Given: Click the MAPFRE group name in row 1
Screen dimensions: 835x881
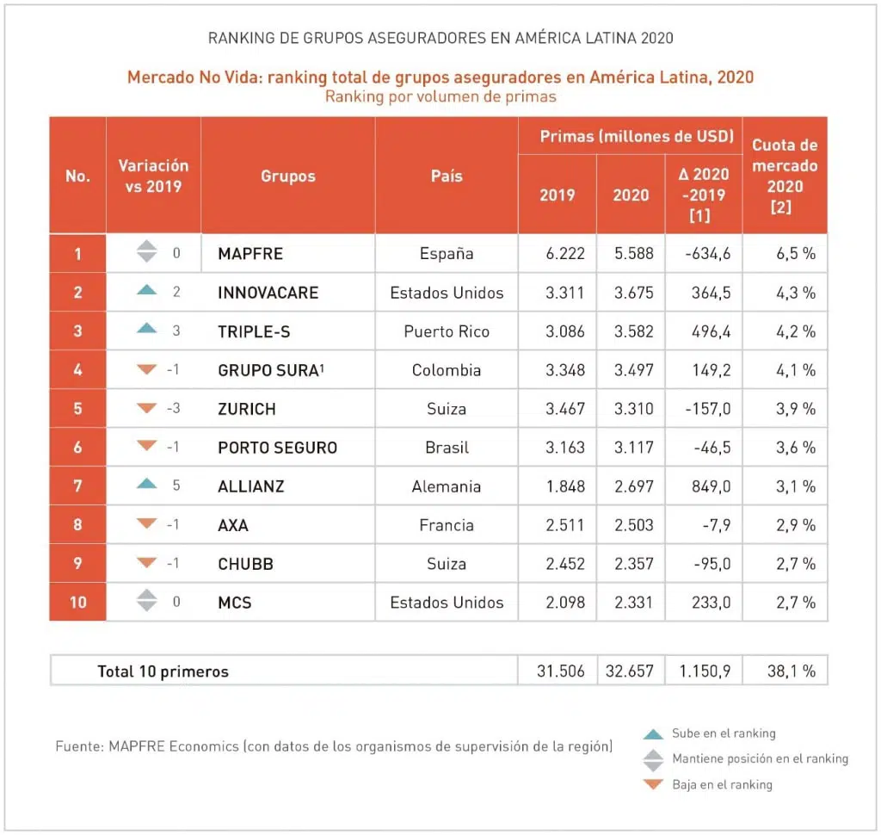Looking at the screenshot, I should [250, 254].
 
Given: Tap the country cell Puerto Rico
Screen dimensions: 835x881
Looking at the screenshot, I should [447, 331].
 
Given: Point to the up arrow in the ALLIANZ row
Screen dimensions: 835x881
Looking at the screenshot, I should [147, 486].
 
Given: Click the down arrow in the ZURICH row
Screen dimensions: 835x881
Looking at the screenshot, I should [147, 408].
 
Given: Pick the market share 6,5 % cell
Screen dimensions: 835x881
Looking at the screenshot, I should [785, 254].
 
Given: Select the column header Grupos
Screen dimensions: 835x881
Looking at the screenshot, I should [288, 176].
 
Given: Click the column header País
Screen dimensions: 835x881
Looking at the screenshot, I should [447, 176].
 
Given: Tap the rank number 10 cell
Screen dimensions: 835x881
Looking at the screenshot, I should [77, 602].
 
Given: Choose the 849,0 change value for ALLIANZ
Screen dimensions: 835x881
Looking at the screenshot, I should [710, 486].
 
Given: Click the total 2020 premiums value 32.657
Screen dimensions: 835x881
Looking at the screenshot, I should [631, 671].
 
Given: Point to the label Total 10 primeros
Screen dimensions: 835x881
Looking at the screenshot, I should [163, 671].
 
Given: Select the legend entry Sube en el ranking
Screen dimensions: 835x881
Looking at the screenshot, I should [724, 733].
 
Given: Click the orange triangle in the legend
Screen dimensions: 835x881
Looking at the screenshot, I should [654, 784].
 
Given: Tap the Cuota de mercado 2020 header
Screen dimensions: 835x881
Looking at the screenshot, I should [785, 176].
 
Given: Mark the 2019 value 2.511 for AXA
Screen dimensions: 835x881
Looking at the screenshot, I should [564, 525].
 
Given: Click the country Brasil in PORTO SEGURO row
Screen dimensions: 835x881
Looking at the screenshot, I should [447, 448].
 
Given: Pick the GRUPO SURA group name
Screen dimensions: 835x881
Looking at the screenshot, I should [268, 370].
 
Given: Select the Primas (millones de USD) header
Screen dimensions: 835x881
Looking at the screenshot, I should [636, 136].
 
